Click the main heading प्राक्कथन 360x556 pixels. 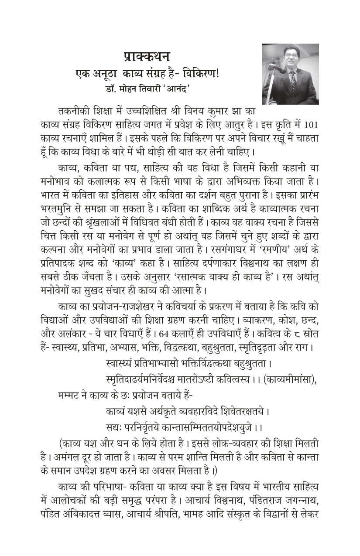pos(146,57)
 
